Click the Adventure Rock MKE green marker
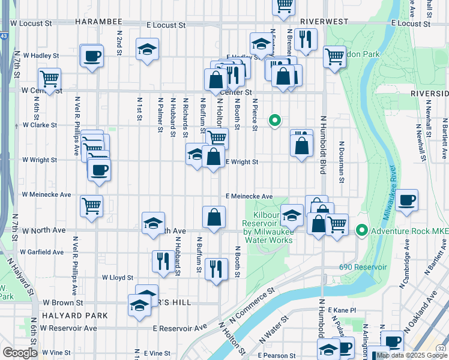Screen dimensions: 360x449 click(362, 230)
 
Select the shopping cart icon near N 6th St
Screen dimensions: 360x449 click(49, 78)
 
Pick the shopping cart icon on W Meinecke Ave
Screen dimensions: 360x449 click(91, 206)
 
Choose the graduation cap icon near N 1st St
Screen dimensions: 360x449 click(147, 50)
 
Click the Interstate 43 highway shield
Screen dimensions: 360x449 click(5, 36)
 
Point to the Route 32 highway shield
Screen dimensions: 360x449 click(442, 348)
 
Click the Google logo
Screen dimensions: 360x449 click(20, 353)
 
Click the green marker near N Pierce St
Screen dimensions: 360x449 click(274, 120)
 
